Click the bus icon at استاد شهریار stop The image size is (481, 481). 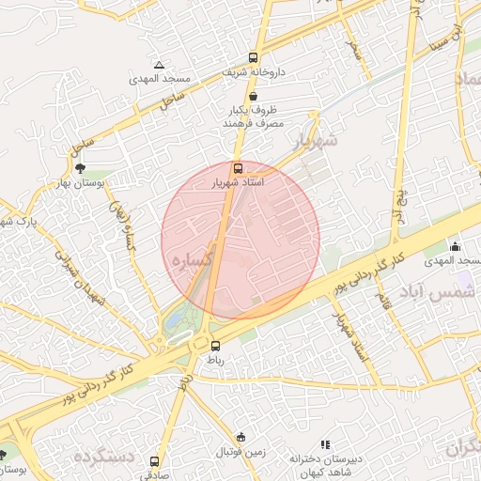[236, 168]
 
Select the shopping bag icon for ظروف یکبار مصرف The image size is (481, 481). [253, 96]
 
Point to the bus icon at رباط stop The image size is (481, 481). [214, 345]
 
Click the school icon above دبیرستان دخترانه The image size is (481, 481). [325, 444]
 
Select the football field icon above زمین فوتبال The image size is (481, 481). [241, 438]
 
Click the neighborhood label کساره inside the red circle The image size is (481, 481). [189, 256]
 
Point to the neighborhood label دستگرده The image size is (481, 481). [103, 458]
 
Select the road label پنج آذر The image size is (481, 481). [402, 201]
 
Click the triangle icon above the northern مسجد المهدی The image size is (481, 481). [159, 65]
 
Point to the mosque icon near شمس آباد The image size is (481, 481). [455, 247]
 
